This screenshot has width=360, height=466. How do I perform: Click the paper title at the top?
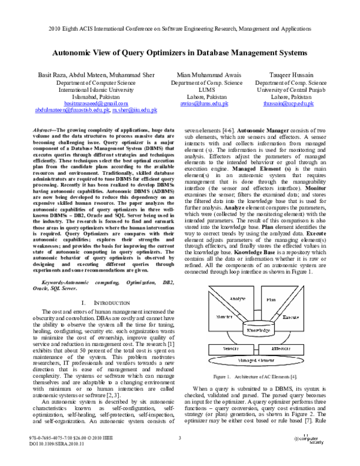tap(180, 53)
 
